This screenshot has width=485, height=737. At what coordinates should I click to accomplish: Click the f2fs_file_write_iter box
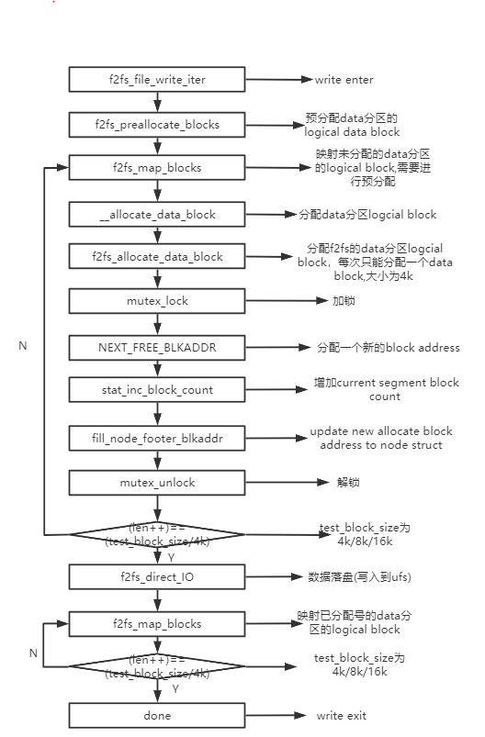(157, 80)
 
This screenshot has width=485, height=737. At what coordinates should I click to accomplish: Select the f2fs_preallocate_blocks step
(157, 124)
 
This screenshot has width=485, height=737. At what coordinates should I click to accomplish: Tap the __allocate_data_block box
(157, 214)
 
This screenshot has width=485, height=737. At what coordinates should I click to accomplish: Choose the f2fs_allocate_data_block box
(157, 257)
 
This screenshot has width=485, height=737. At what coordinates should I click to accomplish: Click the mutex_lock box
(157, 301)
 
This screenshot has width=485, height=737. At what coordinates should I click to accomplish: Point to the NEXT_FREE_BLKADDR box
(157, 348)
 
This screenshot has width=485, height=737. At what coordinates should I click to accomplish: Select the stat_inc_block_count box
(157, 390)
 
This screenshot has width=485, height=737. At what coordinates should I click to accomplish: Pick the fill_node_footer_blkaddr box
(157, 439)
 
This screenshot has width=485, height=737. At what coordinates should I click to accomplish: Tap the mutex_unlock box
(157, 483)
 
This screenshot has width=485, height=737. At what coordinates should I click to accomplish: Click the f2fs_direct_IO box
(157, 576)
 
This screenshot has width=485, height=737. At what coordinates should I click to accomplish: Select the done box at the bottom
(157, 715)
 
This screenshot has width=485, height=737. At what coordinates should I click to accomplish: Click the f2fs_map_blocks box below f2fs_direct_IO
(157, 624)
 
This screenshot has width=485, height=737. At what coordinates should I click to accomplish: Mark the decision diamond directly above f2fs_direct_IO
(157, 534)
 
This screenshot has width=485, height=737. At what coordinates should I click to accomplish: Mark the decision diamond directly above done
(157, 667)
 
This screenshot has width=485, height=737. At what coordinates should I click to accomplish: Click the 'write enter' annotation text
(344, 80)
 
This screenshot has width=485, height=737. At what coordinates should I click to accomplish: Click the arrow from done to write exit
(272, 715)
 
